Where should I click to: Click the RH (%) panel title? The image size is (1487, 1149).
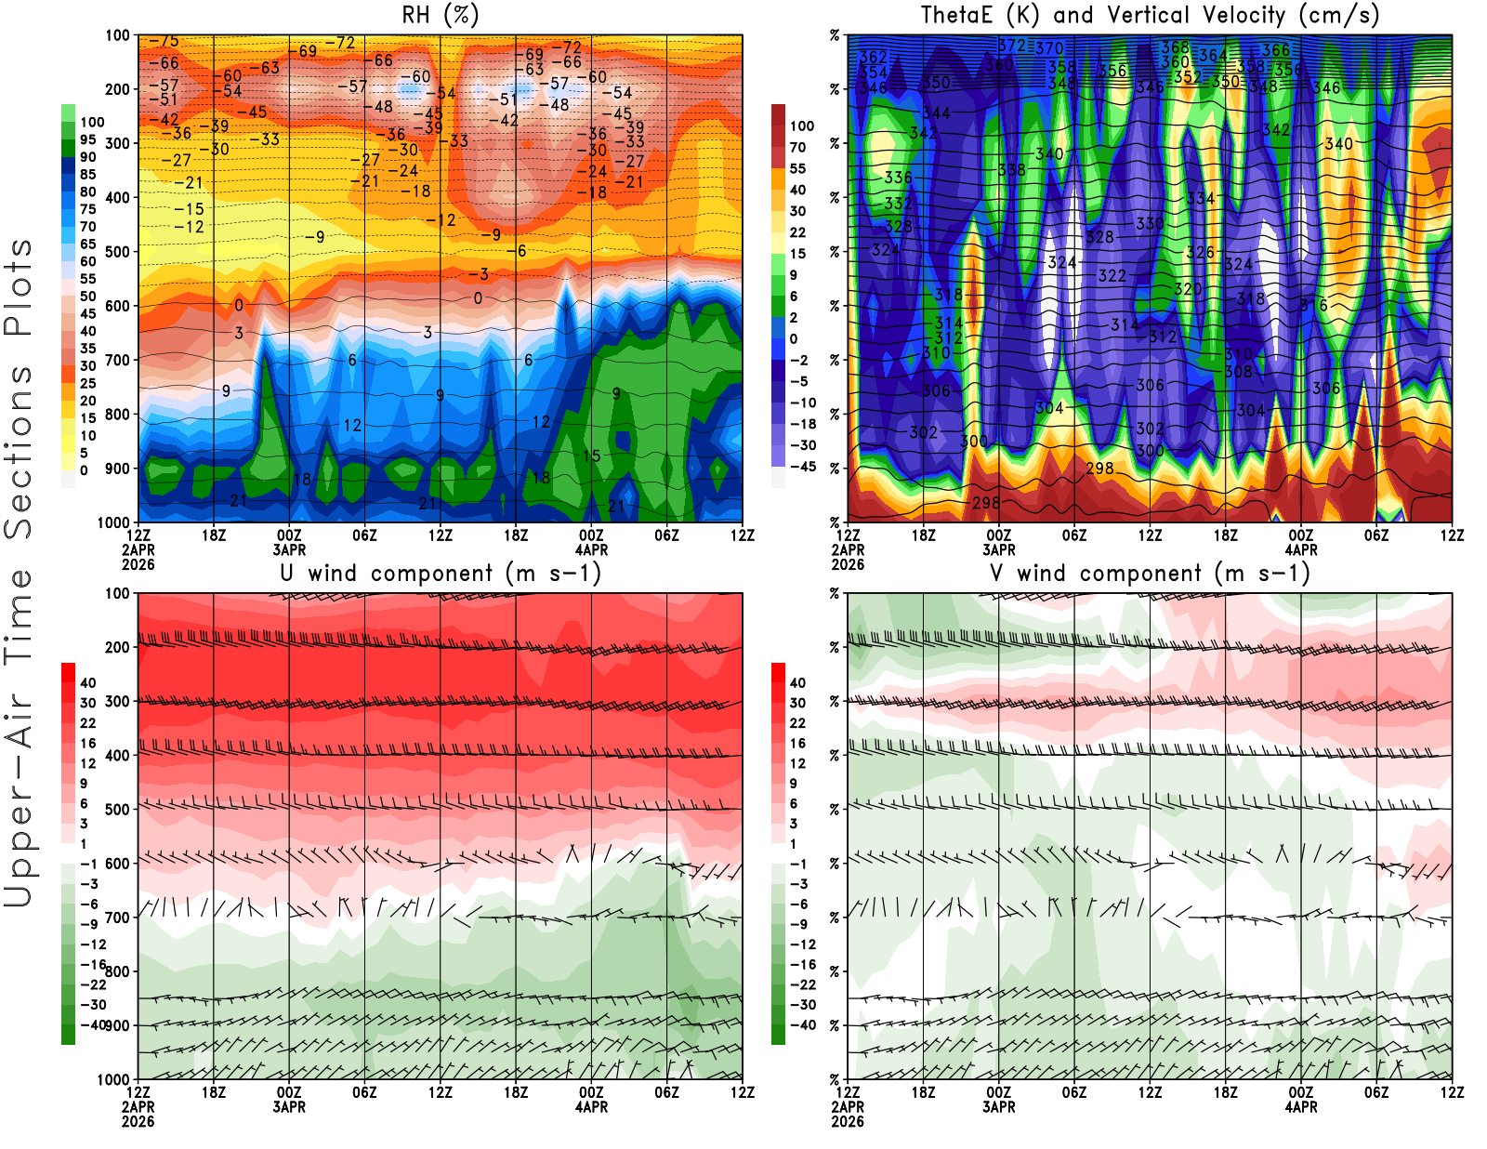click(x=440, y=15)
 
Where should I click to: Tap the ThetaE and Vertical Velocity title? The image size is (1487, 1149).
click(x=1150, y=15)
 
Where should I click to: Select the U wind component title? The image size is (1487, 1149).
click(x=440, y=573)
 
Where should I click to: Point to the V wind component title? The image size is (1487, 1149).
click(x=1150, y=573)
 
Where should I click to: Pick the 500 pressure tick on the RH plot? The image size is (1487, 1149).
click(x=118, y=252)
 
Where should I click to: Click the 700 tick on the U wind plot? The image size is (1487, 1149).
click(x=118, y=918)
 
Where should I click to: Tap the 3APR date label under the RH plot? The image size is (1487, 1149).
click(x=289, y=549)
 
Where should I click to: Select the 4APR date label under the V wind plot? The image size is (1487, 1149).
click(x=1301, y=1107)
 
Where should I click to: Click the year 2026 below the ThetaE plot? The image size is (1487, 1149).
click(x=848, y=564)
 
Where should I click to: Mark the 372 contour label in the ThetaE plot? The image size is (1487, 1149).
click(x=1012, y=46)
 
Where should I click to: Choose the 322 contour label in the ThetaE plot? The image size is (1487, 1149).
click(x=1112, y=276)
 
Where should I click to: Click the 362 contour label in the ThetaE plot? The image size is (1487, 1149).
click(x=874, y=58)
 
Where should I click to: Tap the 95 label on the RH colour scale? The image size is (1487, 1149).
click(x=88, y=139)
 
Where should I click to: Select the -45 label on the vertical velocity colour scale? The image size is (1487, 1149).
click(x=802, y=467)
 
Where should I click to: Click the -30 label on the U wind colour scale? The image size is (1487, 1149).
click(x=93, y=1005)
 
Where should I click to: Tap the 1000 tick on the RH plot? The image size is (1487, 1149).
click(x=114, y=522)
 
